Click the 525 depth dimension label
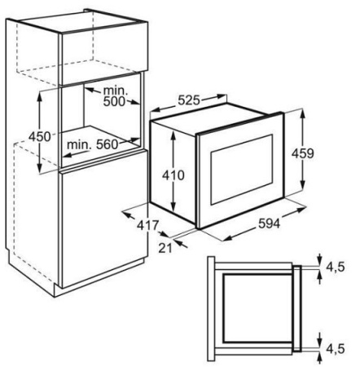[189, 100]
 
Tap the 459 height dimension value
[303, 153]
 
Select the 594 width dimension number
[269, 223]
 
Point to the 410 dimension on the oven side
[173, 175]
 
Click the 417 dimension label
[147, 225]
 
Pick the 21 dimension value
[165, 248]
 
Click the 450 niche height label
[40, 136]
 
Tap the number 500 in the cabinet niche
[114, 102]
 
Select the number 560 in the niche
[108, 144]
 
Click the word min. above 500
[116, 91]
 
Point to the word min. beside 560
[79, 144]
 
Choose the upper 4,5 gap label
[336, 267]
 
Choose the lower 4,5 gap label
[336, 348]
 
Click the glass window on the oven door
[242, 170]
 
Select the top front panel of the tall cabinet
[103, 55]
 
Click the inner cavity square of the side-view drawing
[257, 308]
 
